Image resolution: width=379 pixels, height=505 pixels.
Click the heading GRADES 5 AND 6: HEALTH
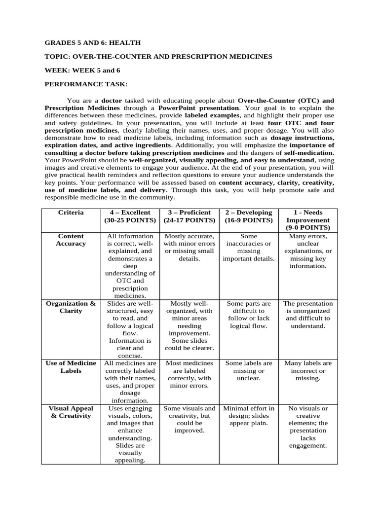pyautogui.click(x=92, y=43)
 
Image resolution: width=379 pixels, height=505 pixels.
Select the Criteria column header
pyautogui.click(x=71, y=213)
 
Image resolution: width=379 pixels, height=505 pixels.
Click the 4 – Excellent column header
pyautogui.click(x=130, y=216)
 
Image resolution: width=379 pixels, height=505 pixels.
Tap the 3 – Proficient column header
pyautogui.click(x=189, y=216)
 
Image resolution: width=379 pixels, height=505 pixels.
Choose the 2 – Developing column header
pyautogui.click(x=249, y=216)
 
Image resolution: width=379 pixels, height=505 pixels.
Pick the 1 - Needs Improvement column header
pyautogui.click(x=308, y=220)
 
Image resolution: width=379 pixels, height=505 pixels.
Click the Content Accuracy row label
pyautogui.click(x=71, y=240)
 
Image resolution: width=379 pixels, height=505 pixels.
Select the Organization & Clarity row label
pyautogui.click(x=71, y=307)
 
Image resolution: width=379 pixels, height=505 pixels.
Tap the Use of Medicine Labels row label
pyautogui.click(x=71, y=367)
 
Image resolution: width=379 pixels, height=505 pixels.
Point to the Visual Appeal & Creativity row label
pyautogui.click(x=71, y=412)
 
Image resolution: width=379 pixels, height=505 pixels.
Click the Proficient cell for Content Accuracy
pyautogui.click(x=189, y=247)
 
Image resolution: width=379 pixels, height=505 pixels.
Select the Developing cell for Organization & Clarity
pyautogui.click(x=249, y=315)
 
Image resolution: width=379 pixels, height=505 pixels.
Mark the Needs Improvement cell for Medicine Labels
pyautogui.click(x=308, y=370)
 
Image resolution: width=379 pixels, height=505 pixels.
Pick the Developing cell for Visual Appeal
pyautogui.click(x=249, y=416)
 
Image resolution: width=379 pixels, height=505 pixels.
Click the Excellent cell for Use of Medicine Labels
pyautogui.click(x=130, y=382)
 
